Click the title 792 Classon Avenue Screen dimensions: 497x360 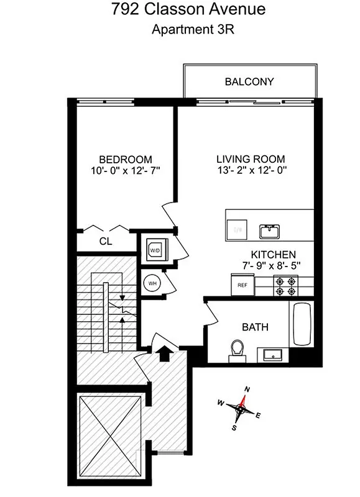click(x=179, y=10)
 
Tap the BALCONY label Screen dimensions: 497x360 click(x=249, y=82)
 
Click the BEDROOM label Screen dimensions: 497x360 click(x=125, y=160)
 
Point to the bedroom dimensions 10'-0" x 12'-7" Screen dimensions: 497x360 click(x=125, y=170)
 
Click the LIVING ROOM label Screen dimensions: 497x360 click(x=250, y=160)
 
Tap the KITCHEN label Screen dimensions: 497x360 click(x=273, y=255)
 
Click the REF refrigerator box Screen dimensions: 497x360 click(x=242, y=285)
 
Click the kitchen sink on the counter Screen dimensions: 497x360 click(x=269, y=231)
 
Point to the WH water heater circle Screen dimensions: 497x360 click(x=151, y=284)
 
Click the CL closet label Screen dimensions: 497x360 click(x=106, y=242)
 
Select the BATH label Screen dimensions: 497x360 click(x=256, y=327)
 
